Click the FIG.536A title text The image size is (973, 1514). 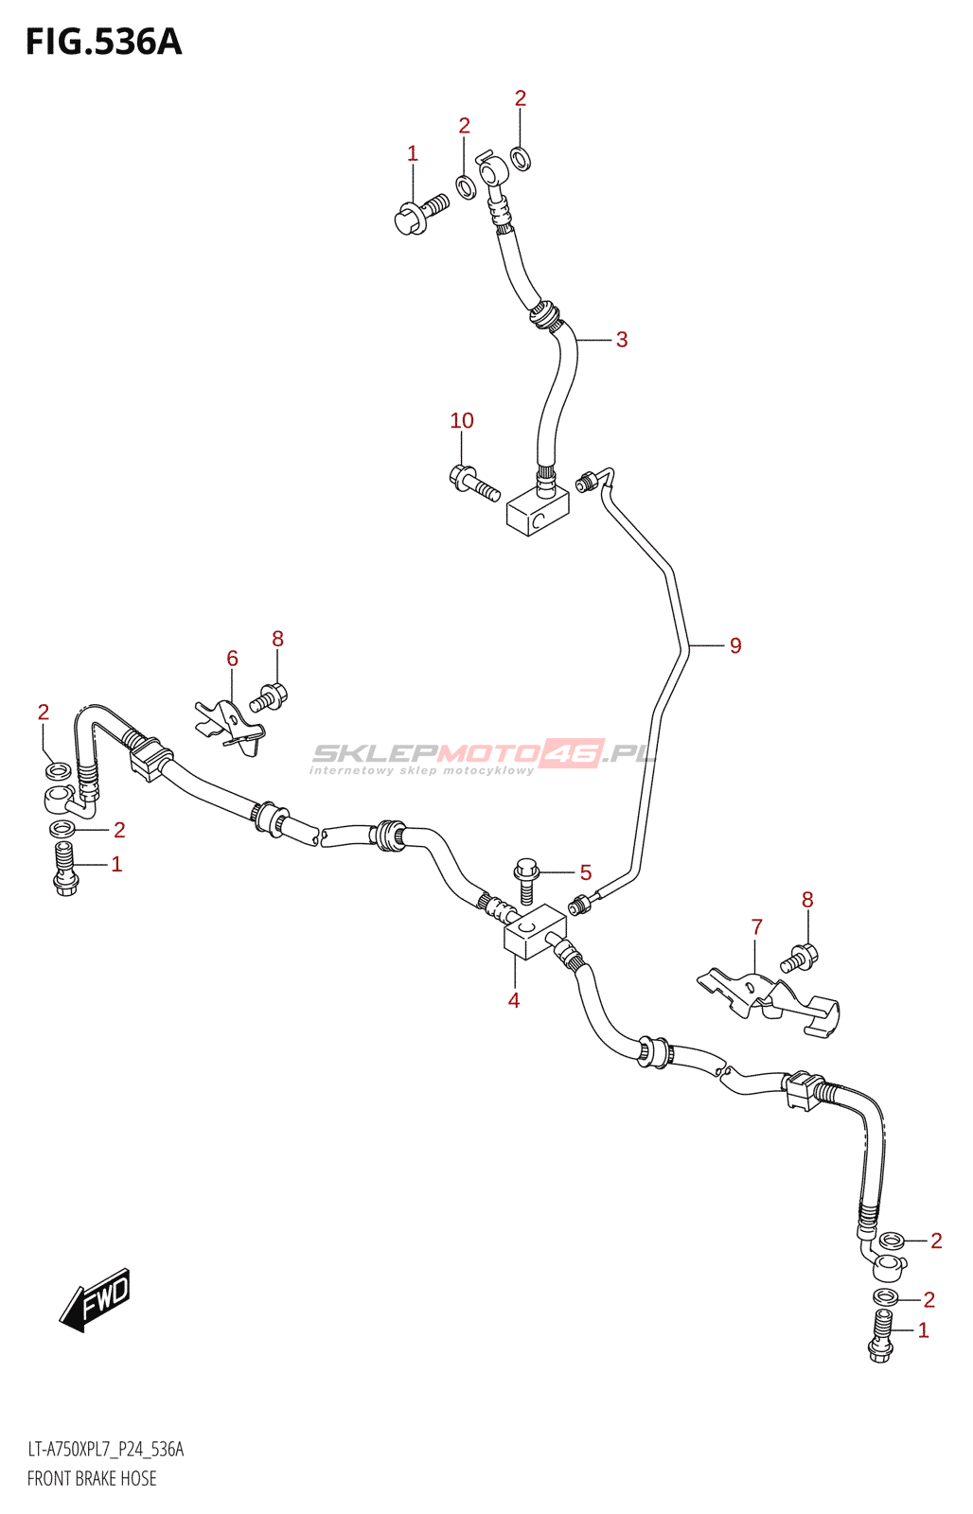(103, 42)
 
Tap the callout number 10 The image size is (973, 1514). (462, 420)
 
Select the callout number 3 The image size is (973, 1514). (622, 340)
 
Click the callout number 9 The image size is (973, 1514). (735, 645)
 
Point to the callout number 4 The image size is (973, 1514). (513, 999)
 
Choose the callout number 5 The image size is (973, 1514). (586, 871)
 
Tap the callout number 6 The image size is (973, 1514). (232, 658)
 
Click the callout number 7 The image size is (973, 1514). (756, 926)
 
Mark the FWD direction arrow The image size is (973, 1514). (94, 1300)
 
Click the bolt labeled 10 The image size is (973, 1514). (474, 483)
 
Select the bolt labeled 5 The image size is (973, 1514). (527, 880)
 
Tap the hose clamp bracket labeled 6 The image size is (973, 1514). (231, 728)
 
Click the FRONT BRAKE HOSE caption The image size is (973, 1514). (92, 1478)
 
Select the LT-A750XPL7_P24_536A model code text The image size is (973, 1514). (105, 1450)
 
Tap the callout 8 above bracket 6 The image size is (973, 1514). (277, 638)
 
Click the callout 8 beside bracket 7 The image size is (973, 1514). (806, 899)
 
